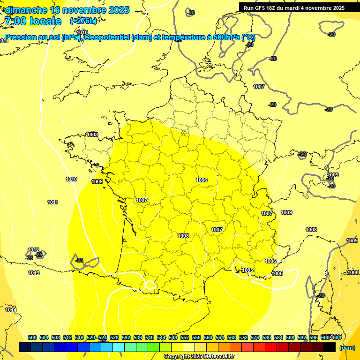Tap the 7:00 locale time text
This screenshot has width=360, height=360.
click(x=32, y=21)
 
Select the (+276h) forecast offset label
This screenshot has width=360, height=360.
click(x=83, y=21)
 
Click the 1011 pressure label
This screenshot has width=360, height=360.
click(x=52, y=202)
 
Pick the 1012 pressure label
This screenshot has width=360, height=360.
click(x=33, y=250)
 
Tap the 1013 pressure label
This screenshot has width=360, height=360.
click(x=34, y=273)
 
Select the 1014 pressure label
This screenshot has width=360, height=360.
click(x=11, y=310)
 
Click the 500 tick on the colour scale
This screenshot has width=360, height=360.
click(x=32, y=337)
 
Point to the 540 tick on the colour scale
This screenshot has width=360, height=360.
click(x=150, y=337)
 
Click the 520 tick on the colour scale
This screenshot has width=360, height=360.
click(x=91, y=337)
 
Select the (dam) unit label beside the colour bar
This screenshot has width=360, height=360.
click(x=347, y=348)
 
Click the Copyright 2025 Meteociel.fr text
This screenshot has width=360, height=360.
click(x=199, y=356)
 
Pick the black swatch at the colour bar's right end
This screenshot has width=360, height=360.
click(x=330, y=347)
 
